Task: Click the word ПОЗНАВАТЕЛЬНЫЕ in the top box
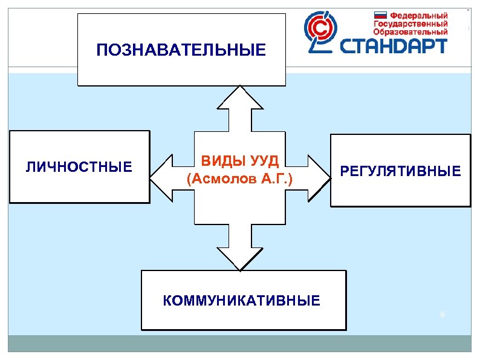tap(181, 50)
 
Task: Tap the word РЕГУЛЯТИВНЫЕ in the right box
tap(400, 172)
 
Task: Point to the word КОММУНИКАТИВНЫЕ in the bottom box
tap(242, 301)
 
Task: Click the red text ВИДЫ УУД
tap(239, 162)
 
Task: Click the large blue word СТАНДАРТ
tap(394, 45)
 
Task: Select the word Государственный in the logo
tap(410, 23)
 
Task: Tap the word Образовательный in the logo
tap(410, 31)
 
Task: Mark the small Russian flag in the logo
tap(380, 15)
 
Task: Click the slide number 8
tap(443, 314)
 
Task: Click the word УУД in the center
tap(264, 162)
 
